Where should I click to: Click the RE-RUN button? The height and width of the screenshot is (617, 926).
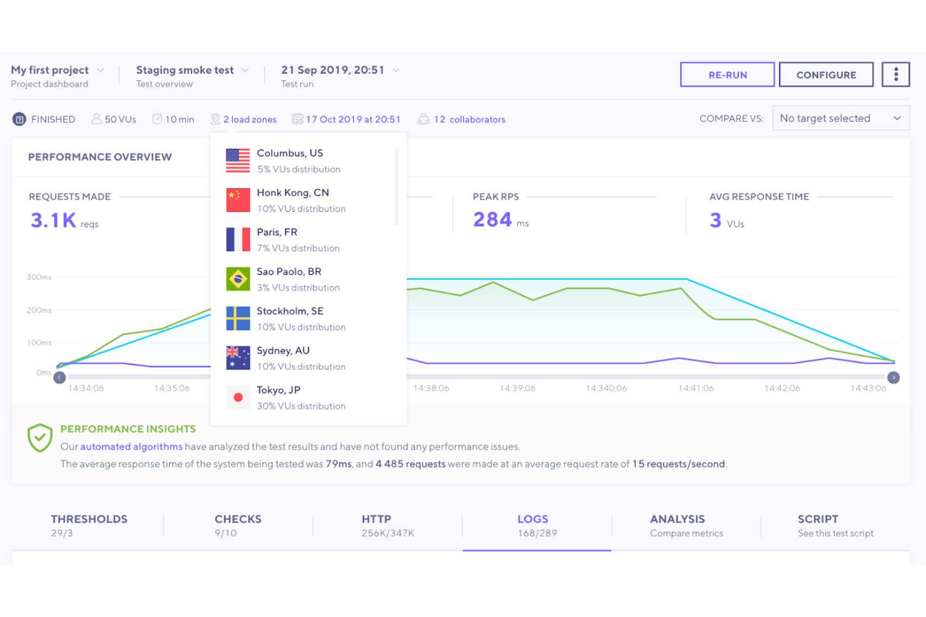pyautogui.click(x=727, y=74)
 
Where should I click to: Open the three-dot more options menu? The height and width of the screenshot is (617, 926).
pyautogui.click(x=895, y=74)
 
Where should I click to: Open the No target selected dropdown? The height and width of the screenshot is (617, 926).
pyautogui.click(x=840, y=118)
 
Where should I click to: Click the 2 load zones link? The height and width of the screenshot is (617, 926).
pyautogui.click(x=250, y=119)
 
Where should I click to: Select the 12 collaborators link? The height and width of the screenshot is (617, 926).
pyautogui.click(x=469, y=119)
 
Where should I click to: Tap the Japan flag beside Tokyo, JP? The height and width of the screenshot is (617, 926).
pyautogui.click(x=238, y=397)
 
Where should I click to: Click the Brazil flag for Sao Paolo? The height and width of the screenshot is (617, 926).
pyautogui.click(x=238, y=279)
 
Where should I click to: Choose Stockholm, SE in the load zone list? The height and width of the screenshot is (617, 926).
pyautogui.click(x=290, y=311)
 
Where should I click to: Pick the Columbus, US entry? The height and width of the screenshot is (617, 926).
pyautogui.click(x=290, y=153)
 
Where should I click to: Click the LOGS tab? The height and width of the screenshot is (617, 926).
pyautogui.click(x=533, y=525)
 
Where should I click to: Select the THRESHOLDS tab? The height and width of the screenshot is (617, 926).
pyautogui.click(x=89, y=525)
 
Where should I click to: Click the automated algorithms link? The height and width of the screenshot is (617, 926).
pyautogui.click(x=131, y=447)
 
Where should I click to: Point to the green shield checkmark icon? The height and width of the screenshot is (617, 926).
pyautogui.click(x=40, y=438)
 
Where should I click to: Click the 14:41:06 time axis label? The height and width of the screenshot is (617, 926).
pyautogui.click(x=696, y=388)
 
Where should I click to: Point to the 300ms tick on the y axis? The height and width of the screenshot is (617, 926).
pyautogui.click(x=39, y=277)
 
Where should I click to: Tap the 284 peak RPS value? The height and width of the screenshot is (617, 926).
pyautogui.click(x=492, y=220)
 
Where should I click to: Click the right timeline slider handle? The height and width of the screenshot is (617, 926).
pyautogui.click(x=893, y=378)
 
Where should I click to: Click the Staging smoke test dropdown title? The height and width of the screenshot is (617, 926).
pyautogui.click(x=185, y=70)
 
